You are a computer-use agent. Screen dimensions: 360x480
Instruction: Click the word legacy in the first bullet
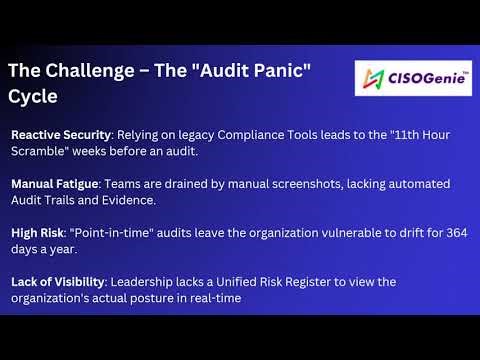pos(186,133)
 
